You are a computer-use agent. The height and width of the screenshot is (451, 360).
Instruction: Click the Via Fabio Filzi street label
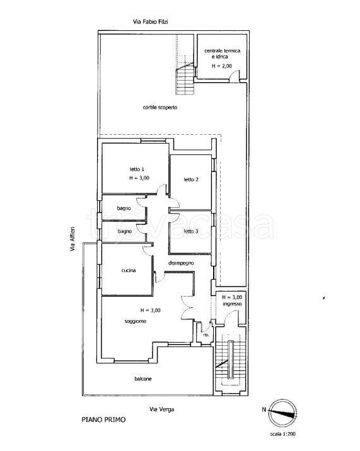click(x=150, y=21)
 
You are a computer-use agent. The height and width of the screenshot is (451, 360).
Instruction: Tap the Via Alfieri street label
click(x=73, y=239)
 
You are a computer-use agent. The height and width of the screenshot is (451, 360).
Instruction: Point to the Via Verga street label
click(x=161, y=409)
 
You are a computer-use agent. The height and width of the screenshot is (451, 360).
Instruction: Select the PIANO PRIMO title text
click(x=103, y=420)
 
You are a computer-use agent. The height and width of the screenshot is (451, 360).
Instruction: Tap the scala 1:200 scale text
click(x=282, y=434)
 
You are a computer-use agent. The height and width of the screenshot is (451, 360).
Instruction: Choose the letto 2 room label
click(x=191, y=180)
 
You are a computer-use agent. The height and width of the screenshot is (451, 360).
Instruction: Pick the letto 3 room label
click(x=191, y=231)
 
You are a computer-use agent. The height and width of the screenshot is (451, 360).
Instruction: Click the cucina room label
click(x=129, y=270)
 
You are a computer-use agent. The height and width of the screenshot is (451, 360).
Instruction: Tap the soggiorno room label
click(x=136, y=321)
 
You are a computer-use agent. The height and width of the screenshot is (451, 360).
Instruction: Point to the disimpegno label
click(x=181, y=263)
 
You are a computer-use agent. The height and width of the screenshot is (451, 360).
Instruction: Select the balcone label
click(x=143, y=379)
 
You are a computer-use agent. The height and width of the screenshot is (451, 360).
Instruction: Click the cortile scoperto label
click(x=160, y=107)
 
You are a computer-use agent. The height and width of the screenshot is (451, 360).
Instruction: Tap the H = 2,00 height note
click(x=222, y=66)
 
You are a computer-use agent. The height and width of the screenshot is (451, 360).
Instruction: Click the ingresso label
click(x=232, y=304)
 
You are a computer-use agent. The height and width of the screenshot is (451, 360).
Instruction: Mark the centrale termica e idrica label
click(x=222, y=54)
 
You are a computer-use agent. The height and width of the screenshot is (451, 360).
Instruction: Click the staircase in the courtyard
click(x=185, y=79)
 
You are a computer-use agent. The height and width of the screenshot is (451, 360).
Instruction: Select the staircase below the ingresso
click(x=230, y=360)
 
